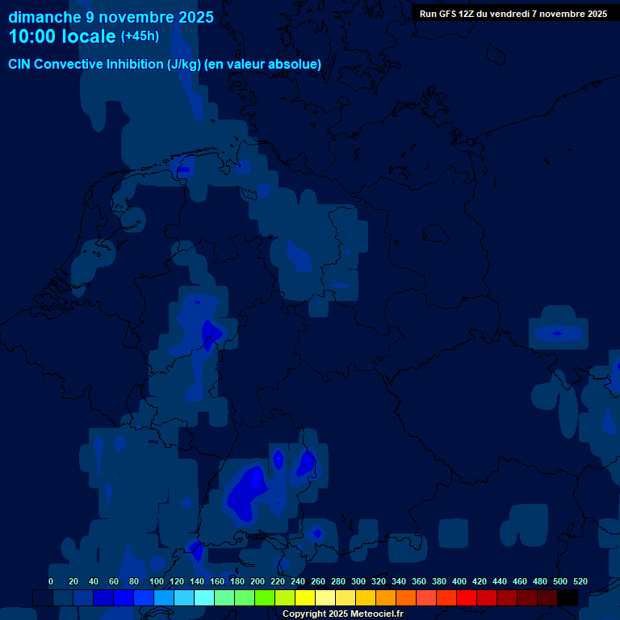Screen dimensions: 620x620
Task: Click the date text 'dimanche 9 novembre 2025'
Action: (x=111, y=17)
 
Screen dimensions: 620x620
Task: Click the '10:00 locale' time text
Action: (x=62, y=36)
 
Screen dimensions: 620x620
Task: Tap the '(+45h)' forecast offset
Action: (x=140, y=36)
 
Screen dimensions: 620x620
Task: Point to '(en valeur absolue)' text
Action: (x=263, y=65)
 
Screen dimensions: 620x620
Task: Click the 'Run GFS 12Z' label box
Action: (x=513, y=14)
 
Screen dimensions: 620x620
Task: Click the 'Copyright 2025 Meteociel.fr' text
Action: (x=342, y=614)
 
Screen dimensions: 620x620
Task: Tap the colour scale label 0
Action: (x=51, y=581)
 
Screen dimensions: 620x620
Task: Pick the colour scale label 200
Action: (x=258, y=581)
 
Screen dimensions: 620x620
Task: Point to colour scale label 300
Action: (x=358, y=581)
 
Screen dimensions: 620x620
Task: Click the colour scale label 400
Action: (x=459, y=581)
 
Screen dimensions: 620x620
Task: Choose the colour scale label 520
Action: (x=580, y=581)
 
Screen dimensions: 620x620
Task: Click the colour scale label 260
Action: (x=318, y=581)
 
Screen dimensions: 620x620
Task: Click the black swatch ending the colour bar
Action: (x=568, y=598)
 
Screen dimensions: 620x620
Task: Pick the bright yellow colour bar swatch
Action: (x=305, y=598)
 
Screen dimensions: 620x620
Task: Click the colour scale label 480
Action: (x=540, y=581)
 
